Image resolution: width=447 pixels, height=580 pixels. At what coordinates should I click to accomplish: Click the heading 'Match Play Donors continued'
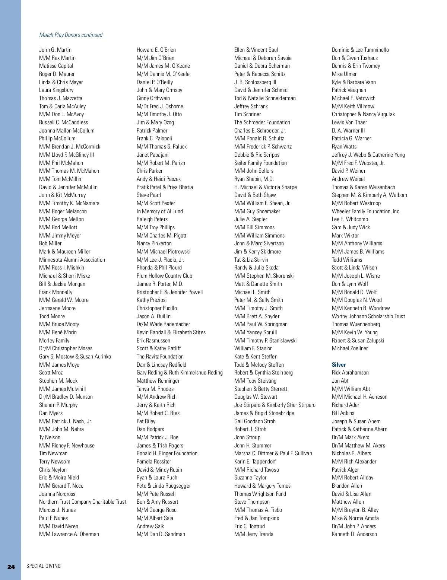(71, 35)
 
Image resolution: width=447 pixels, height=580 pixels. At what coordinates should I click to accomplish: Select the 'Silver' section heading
(339, 365)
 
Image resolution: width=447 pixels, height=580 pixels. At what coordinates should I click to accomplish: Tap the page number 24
(11, 567)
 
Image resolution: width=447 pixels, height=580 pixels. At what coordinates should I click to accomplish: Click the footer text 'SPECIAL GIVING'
(44, 566)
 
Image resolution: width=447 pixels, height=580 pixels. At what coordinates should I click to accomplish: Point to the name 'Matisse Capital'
(56, 66)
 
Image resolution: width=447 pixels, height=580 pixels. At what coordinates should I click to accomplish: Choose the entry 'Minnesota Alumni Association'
(72, 260)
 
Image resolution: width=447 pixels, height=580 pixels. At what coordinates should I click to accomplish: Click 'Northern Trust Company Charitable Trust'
(83, 502)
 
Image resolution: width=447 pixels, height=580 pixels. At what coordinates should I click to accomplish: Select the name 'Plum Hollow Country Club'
(164, 276)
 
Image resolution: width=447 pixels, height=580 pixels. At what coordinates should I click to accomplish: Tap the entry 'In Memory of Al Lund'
(160, 211)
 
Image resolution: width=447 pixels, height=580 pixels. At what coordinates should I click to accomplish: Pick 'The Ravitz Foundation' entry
(160, 357)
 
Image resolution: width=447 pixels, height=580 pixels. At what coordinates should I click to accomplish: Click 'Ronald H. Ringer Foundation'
(167, 453)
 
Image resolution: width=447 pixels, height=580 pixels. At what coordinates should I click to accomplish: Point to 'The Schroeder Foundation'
(262, 122)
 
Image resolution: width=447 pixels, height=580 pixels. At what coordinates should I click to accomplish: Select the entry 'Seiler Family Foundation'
(260, 163)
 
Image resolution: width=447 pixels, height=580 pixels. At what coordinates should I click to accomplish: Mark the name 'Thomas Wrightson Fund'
(260, 494)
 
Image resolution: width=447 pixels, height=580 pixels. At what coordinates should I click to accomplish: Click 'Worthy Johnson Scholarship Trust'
(368, 316)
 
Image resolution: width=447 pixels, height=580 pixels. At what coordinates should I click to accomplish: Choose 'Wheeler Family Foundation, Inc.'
(366, 211)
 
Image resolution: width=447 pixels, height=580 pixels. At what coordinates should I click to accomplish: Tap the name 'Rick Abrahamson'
(350, 373)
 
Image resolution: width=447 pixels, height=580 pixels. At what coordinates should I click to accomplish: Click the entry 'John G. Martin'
(55, 50)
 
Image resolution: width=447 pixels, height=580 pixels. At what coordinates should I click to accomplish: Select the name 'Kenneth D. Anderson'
(354, 534)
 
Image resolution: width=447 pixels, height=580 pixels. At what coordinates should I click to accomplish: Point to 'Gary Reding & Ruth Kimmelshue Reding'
(180, 373)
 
